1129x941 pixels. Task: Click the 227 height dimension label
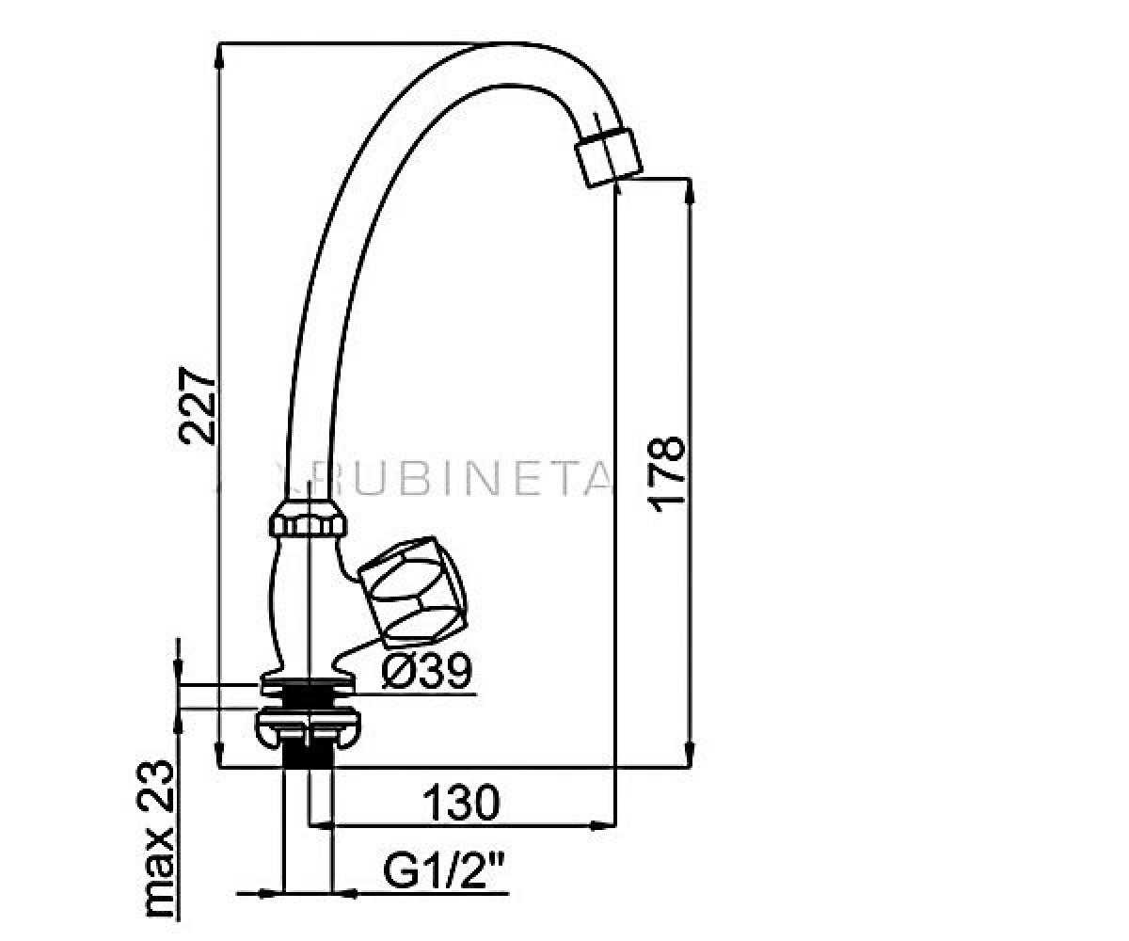[198, 405]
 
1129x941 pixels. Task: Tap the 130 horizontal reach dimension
[461, 803]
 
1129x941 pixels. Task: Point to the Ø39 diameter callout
[426, 671]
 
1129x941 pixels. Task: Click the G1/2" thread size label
[443, 871]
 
